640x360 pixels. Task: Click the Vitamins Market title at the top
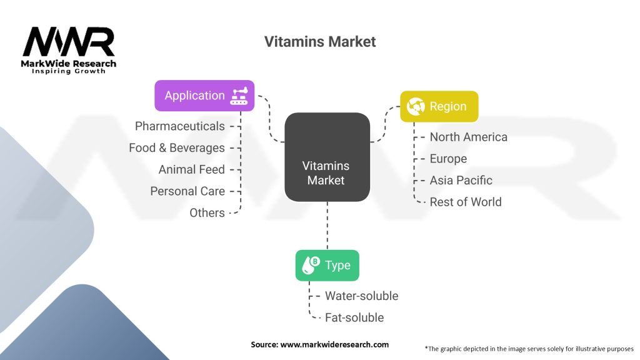coord(319,42)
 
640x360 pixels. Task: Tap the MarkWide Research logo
coord(69,50)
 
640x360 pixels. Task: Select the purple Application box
coord(204,96)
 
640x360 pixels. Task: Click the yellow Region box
coord(439,106)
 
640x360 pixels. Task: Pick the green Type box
coord(327,265)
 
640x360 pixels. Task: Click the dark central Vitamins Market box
coord(327,157)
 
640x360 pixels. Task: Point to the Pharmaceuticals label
coord(179,126)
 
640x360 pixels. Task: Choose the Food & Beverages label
coord(177,147)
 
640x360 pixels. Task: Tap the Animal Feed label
coord(191,169)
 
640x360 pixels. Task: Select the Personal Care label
coord(187,191)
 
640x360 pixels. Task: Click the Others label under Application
coord(207,212)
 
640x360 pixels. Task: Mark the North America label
coord(469,137)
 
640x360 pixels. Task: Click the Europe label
coord(448,159)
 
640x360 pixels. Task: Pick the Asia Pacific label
coord(461,181)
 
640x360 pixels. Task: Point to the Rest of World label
coord(466,202)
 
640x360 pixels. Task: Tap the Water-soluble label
coord(362,296)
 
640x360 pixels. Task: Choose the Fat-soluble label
coord(354,317)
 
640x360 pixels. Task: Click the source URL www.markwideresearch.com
coord(334,344)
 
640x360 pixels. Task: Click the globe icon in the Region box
coord(416,106)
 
